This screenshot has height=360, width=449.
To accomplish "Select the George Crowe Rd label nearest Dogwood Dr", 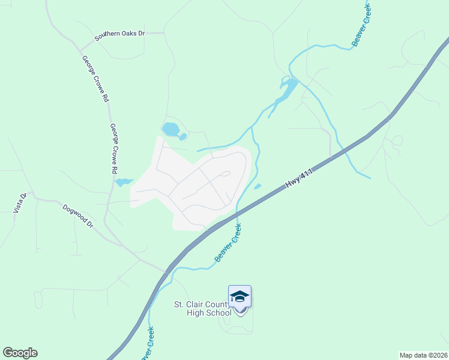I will (x=113, y=149).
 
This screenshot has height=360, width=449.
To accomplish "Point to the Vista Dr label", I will (x=20, y=203).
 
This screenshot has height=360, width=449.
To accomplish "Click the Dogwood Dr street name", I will (x=79, y=216).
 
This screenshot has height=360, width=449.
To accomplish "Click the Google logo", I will (x=20, y=353).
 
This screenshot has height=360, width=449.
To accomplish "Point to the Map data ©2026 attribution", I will (x=423, y=355).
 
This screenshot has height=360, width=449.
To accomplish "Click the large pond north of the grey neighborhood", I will (x=170, y=129).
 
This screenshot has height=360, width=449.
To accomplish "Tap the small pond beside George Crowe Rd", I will (x=124, y=182).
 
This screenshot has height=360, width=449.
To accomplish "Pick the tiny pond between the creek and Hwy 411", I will (x=258, y=187).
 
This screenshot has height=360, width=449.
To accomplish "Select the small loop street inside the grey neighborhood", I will (x=223, y=174).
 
